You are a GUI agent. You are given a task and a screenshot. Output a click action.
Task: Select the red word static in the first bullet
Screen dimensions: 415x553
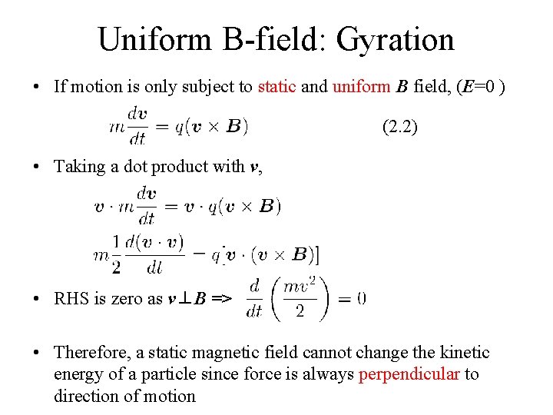click(x=276, y=86)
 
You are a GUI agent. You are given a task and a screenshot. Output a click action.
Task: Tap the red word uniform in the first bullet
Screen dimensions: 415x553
click(x=362, y=86)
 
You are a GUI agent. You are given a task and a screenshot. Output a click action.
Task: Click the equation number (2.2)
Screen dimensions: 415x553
click(x=399, y=127)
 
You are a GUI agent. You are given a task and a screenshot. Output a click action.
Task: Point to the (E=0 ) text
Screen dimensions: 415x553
click(x=480, y=86)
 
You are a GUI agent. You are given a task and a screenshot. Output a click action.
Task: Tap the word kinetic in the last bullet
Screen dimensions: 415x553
click(x=465, y=353)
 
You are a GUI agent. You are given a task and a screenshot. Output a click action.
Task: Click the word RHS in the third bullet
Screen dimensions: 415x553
click(x=71, y=299)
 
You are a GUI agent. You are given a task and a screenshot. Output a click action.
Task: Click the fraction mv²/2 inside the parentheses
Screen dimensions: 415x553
click(x=299, y=298)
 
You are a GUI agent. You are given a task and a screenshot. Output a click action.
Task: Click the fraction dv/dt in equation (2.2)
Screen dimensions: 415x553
click(x=138, y=124)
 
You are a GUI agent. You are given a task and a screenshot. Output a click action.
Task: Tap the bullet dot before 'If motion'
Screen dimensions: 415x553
click(x=38, y=86)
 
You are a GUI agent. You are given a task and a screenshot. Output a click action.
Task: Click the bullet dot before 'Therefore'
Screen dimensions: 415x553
click(x=38, y=353)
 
